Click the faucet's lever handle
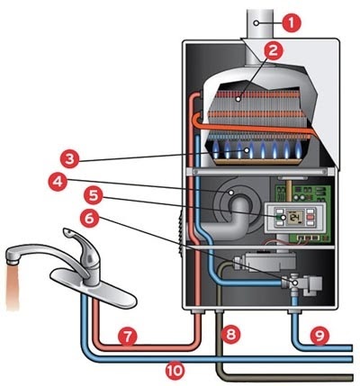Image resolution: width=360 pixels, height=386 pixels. point(76,237)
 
